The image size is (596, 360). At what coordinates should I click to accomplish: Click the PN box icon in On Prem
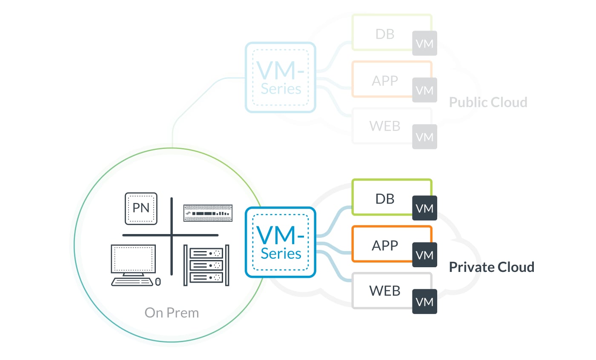[x=141, y=209]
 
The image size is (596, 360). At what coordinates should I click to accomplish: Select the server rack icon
[x=206, y=265]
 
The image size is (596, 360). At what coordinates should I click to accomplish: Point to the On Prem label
[x=172, y=313]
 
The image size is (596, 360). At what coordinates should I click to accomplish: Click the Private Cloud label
[x=492, y=267]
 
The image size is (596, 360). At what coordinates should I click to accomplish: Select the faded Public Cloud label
[x=488, y=102]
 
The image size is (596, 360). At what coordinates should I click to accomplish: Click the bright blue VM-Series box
[x=280, y=242]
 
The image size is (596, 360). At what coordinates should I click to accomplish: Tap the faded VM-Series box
[x=280, y=77]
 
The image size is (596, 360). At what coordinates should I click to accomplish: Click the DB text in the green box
[x=385, y=199]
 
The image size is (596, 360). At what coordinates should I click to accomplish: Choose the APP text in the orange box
[x=385, y=246]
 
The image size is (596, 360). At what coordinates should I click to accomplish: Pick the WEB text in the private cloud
[x=385, y=291]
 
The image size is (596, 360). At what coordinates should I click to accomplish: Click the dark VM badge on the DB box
[x=424, y=208]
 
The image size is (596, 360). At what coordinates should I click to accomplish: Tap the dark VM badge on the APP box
[x=424, y=255]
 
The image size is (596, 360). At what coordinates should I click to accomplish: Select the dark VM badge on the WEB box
[x=424, y=302]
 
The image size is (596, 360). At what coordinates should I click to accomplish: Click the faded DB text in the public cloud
[x=385, y=34]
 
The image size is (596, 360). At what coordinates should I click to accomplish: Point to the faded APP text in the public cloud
[x=385, y=80]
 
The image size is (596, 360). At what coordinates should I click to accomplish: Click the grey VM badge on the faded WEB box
[x=424, y=137]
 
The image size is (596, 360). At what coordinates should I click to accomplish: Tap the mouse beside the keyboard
[x=158, y=282]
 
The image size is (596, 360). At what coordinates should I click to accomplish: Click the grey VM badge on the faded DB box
[x=424, y=43]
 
